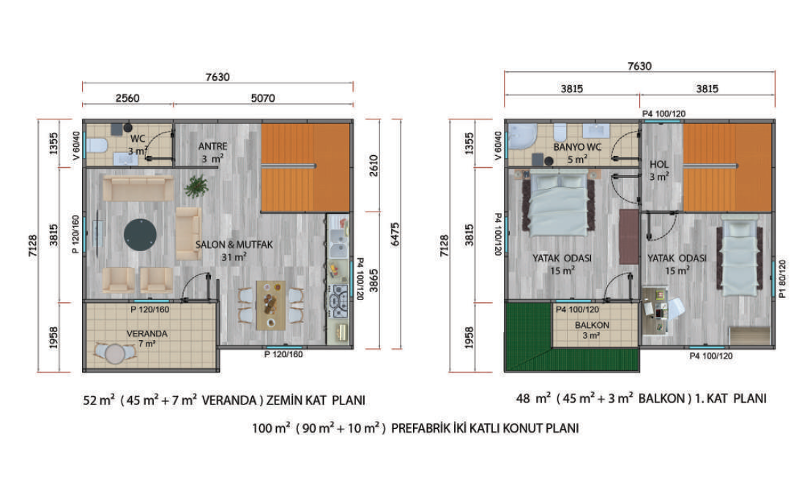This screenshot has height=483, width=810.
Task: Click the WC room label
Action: (138, 138)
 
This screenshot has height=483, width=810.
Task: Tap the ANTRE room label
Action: (213, 146)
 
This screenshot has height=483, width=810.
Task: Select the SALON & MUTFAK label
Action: (234, 244)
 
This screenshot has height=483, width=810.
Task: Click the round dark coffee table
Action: (140, 235)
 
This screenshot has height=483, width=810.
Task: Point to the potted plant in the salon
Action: (196, 187)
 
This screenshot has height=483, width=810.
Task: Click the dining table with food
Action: (271, 305)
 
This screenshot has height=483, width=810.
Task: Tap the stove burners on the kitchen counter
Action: (339, 301)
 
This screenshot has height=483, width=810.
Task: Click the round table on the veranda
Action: (115, 354)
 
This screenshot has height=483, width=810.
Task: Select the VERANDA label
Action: (146, 334)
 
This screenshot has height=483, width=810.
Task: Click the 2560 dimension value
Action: (127, 98)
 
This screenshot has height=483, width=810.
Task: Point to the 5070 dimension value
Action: (262, 98)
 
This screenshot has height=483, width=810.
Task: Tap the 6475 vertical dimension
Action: (395, 234)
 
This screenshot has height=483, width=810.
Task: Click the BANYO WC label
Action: (577, 147)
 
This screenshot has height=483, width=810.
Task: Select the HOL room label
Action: (659, 165)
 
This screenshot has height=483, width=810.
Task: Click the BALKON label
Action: (592, 325)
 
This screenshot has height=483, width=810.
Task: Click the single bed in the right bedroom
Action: (739, 256)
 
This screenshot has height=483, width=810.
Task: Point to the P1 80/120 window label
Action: (782, 279)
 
